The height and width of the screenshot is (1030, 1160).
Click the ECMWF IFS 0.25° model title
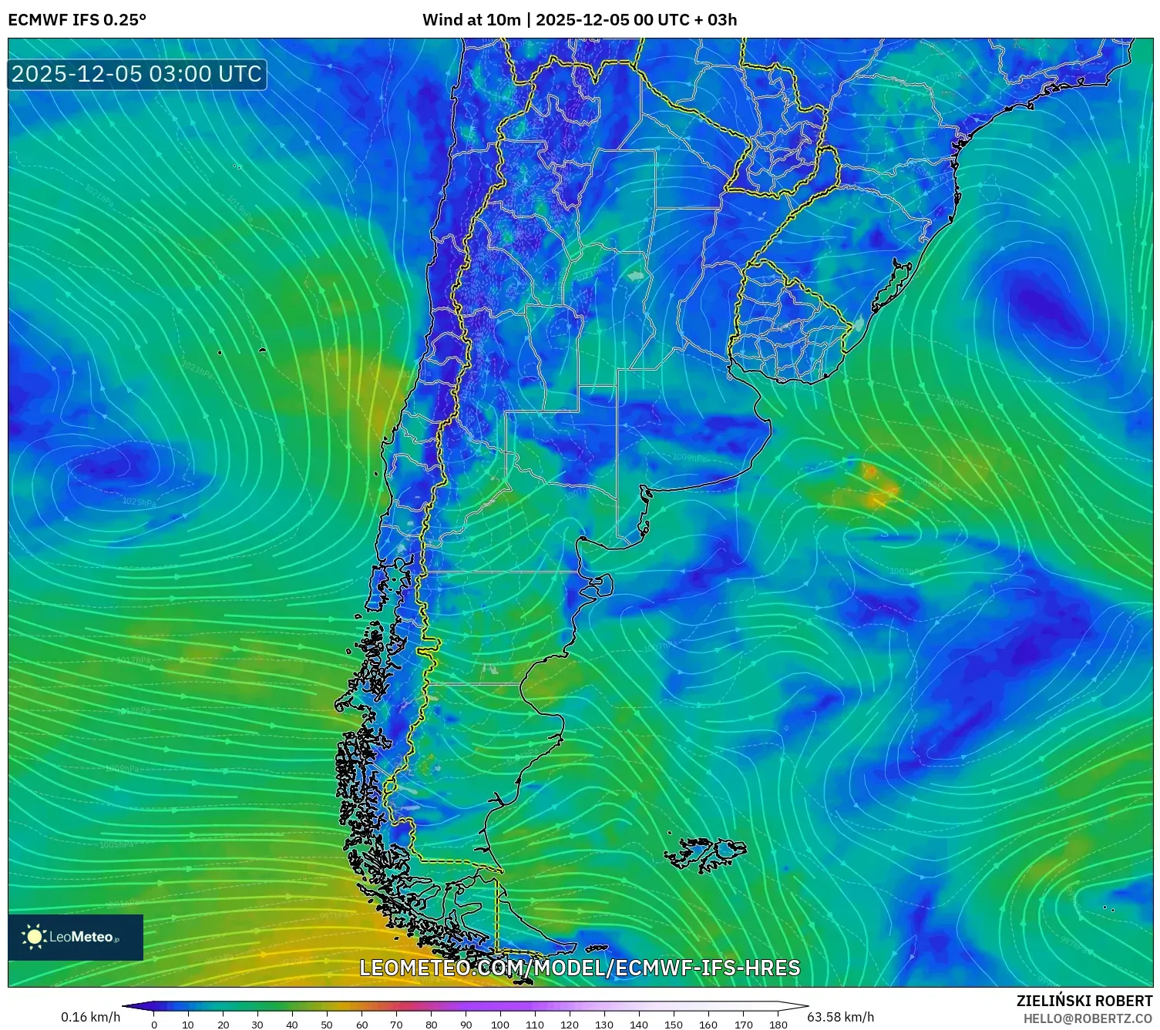coord(77,20)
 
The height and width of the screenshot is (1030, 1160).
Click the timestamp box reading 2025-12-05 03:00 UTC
coord(137,74)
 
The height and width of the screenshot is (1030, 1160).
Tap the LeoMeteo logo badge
coord(76,937)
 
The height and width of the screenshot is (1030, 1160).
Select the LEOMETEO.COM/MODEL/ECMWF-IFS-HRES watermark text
coord(580,968)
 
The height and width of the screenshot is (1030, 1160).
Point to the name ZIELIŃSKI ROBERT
coord(1084,1001)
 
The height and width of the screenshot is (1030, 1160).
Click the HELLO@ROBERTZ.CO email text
coord(1088,1018)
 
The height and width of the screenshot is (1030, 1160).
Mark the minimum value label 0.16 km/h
coord(91,1017)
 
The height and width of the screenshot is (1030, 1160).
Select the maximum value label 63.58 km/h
coord(840,1017)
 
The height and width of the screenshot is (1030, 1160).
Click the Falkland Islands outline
coord(707,854)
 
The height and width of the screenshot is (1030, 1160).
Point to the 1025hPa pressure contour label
coord(139,502)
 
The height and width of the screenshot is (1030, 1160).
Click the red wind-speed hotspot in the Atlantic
coord(870,471)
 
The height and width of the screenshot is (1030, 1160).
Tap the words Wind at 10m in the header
coord(471,20)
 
